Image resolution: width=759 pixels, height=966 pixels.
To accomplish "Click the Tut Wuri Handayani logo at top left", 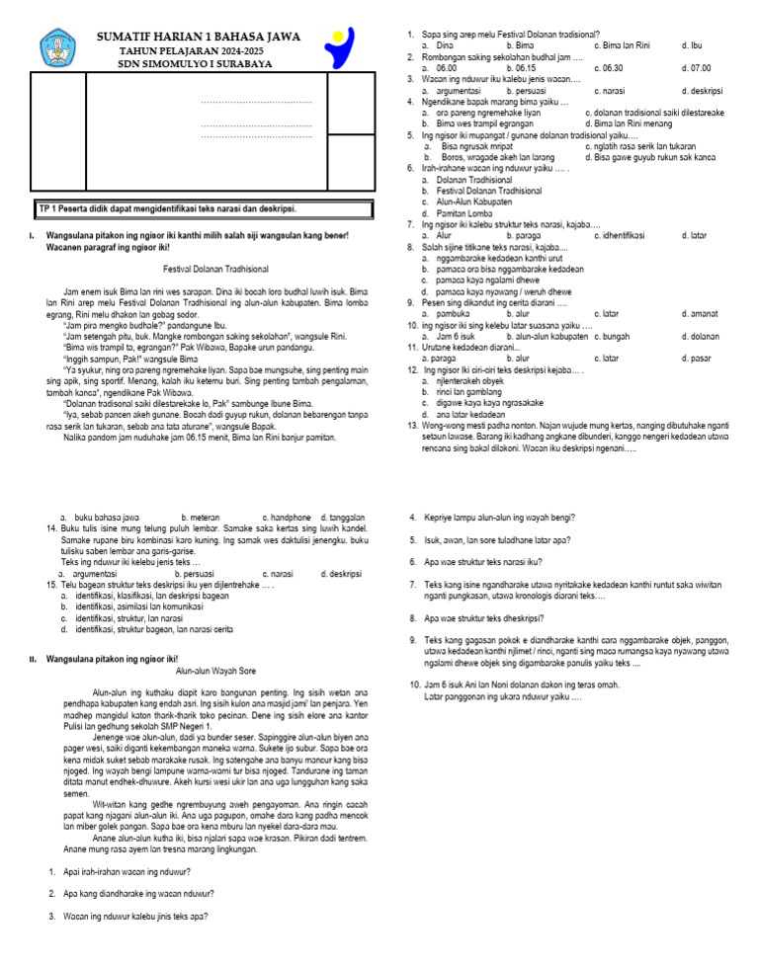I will coord(56,47).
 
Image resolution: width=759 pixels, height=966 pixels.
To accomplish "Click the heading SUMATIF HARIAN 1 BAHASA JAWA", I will coord(199,37).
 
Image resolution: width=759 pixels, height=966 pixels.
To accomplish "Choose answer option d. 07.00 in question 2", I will coord(696,68).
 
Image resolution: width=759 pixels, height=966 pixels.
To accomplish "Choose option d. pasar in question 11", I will coord(697,358).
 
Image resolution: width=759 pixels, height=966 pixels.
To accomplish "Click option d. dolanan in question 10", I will coord(700,336).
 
